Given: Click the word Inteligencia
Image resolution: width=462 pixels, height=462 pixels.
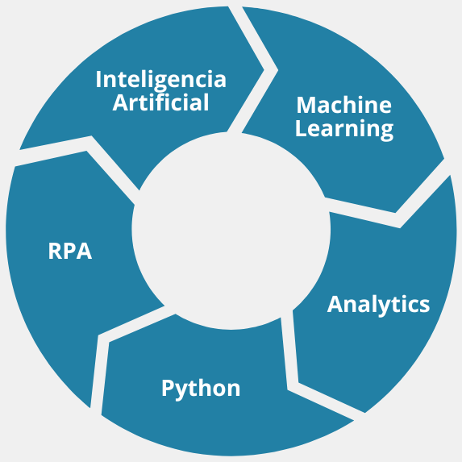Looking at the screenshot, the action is (161, 81).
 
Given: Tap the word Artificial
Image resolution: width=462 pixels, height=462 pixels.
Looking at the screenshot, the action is (160, 102).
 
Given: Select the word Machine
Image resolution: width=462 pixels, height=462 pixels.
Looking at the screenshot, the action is (343, 105).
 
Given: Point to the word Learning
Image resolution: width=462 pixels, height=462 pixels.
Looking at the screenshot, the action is (344, 129).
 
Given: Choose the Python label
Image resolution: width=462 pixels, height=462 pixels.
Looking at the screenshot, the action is (201, 389).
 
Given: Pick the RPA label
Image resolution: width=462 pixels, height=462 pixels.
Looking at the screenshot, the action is (70, 251).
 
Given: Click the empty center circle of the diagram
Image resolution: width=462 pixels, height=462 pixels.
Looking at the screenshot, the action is (231, 230).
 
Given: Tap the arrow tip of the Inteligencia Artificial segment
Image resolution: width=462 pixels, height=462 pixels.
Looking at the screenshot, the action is (264, 70).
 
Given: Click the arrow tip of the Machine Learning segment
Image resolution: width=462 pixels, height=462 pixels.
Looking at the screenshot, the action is (395, 212).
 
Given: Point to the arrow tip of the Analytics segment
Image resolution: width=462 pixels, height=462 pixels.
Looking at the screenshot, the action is (298, 383).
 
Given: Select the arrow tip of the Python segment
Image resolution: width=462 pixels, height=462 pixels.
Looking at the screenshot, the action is (109, 343).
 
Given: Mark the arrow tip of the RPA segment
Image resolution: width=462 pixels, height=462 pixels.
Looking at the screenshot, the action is (86, 151).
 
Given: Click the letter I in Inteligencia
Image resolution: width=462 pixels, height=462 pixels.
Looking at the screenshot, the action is (98, 79).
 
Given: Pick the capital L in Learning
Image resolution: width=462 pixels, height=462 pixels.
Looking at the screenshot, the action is (301, 128).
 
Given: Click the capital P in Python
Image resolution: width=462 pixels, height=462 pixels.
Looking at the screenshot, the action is (168, 388).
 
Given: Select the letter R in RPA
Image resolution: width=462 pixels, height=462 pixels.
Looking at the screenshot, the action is (55, 251).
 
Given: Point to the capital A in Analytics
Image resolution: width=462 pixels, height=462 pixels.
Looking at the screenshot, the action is (335, 304).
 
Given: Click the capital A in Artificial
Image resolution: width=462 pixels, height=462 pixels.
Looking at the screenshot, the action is (121, 102).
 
